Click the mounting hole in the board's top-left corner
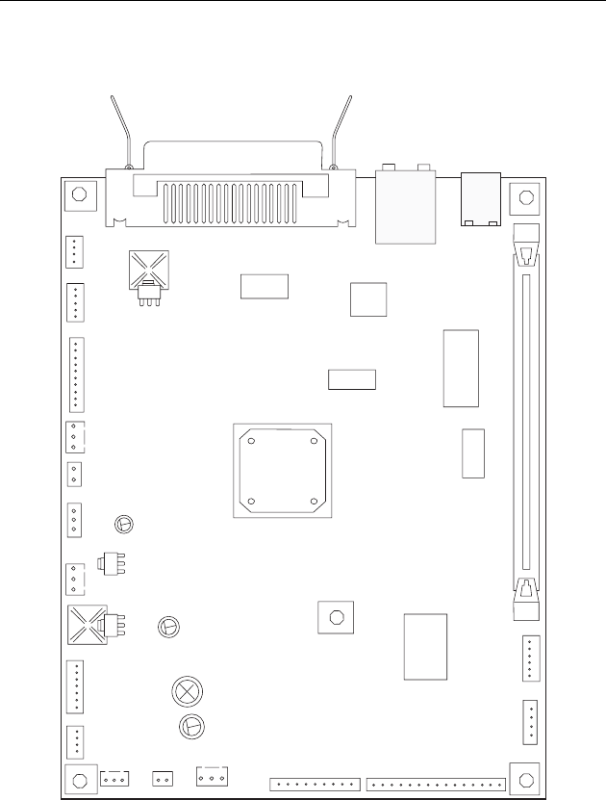(x=80, y=194)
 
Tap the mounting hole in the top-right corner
(x=526, y=198)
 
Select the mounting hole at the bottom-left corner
(x=81, y=778)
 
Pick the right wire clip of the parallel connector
(x=341, y=130)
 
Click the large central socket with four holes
(x=283, y=471)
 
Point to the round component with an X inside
(x=185, y=690)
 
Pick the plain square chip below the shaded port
(x=368, y=299)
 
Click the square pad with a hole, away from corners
(x=335, y=617)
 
